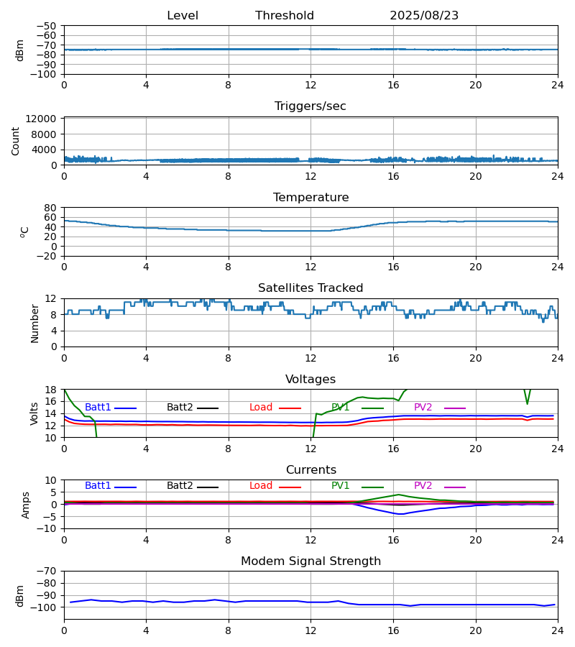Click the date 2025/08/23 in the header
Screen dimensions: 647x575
click(424, 16)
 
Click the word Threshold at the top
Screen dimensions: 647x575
click(285, 16)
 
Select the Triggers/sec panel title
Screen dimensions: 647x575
click(310, 106)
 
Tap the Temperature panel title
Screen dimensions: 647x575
click(310, 198)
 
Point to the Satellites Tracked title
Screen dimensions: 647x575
click(310, 288)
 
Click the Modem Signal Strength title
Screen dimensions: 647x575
click(310, 561)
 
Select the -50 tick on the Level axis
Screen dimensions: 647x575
click(47, 26)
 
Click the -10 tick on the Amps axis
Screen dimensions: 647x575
click(47, 529)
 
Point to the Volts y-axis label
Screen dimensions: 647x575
click(34, 413)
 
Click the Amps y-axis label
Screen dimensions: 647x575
click(26, 505)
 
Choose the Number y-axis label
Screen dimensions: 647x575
click(34, 323)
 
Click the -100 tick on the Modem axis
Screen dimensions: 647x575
click(45, 607)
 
